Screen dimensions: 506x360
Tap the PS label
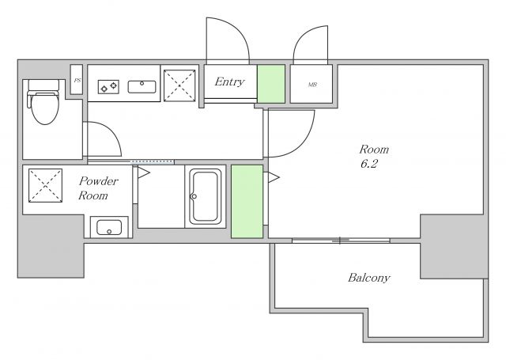pos(77,81)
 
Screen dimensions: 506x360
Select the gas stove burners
pos(108,87)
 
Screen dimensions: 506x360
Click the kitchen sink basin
pos(142,87)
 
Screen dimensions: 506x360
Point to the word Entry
pos(229,81)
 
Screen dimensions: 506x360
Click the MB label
pos(312,85)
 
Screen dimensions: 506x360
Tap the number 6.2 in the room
pos(369,164)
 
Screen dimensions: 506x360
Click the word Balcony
pos(369,278)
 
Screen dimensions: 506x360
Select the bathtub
pos(206,196)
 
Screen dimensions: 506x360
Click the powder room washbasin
pos(109,227)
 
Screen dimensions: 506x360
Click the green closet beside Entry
pos(271,84)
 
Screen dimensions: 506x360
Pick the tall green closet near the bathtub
pos(247,202)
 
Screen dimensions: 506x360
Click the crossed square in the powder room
pos(46,186)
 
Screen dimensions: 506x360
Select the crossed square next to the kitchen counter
pos(179,85)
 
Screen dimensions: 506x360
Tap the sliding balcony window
pos(341,241)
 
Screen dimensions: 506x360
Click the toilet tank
pos(44,85)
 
